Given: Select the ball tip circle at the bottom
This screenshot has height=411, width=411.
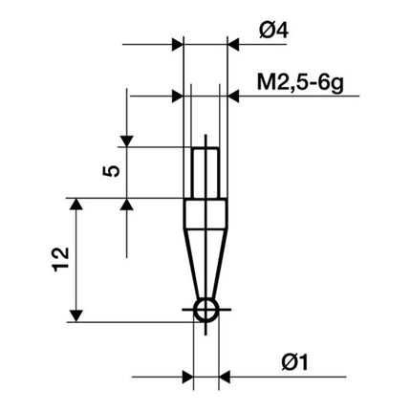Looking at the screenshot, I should pos(205,310).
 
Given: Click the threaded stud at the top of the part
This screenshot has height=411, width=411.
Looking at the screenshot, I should pos(205,172).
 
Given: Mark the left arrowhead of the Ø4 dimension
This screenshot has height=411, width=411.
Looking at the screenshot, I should pos(176,44).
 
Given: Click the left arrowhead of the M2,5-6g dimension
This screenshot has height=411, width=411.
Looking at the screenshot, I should pos(176,96).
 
